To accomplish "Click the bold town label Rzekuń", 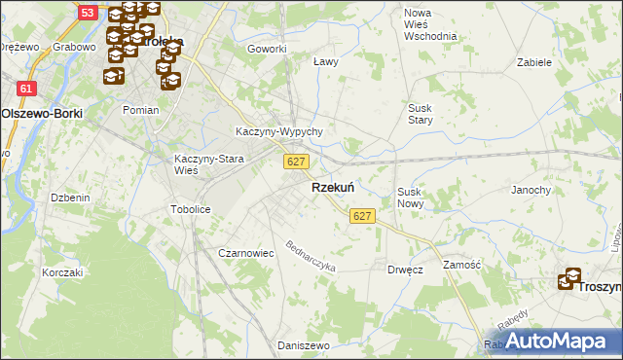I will [332, 187].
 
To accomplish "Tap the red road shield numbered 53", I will [88, 13].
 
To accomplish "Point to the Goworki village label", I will [267, 49].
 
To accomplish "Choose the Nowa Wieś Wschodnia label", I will [430, 23].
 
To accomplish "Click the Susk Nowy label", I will [411, 198].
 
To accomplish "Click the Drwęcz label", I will [405, 270].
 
